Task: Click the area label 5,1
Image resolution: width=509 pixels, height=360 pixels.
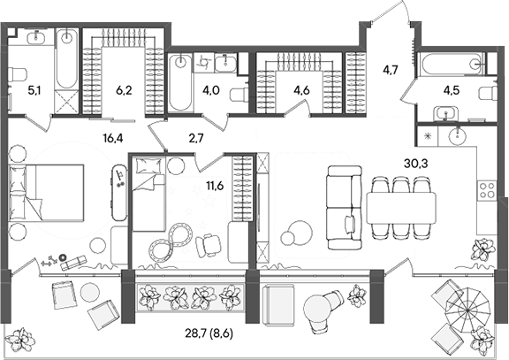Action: [x=33, y=89]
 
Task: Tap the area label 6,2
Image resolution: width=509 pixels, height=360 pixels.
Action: [x=123, y=89]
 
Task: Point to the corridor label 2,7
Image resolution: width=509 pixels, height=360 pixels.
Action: [x=196, y=139]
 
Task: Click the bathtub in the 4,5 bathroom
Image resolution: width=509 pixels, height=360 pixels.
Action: [x=451, y=64]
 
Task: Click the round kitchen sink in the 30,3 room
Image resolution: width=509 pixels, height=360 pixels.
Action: [x=459, y=136]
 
